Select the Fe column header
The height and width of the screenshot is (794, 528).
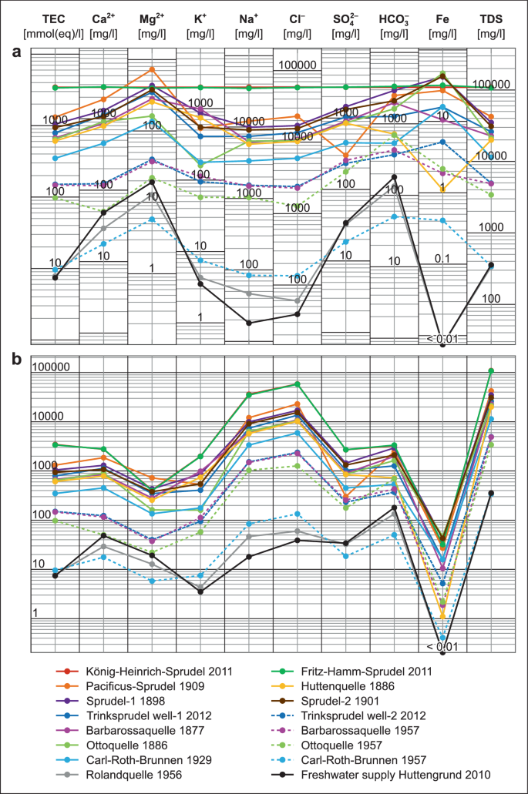pyautogui.click(x=442, y=18)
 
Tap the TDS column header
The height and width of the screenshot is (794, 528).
pyautogui.click(x=491, y=18)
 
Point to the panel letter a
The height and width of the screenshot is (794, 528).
pyautogui.click(x=15, y=52)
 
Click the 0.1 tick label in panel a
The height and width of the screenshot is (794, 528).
pyautogui.click(x=442, y=258)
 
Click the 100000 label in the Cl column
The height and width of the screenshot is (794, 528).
pyautogui.click(x=298, y=65)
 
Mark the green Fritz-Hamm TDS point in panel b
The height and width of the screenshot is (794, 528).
pyautogui.click(x=491, y=370)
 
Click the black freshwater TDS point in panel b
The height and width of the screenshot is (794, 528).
pyautogui.click(x=491, y=493)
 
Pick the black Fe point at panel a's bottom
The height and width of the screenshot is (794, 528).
pyautogui.click(x=442, y=344)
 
